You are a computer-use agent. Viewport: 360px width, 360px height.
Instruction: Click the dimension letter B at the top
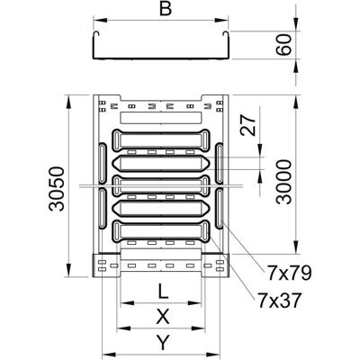163,11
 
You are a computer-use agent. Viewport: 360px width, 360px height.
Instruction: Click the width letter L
162,292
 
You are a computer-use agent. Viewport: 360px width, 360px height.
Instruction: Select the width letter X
162,316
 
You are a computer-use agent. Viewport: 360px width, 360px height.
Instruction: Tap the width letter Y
162,342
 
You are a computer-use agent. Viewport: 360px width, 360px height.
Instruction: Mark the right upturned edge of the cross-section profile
229,46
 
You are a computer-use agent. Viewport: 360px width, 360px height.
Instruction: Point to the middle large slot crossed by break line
162,185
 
